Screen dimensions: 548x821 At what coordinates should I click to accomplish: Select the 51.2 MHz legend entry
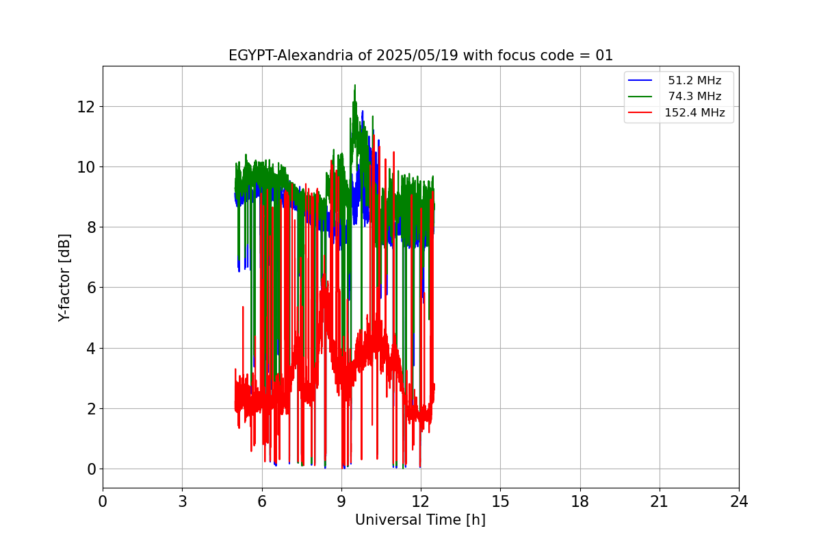click(x=694, y=81)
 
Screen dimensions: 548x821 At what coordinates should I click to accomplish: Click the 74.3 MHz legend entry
click(x=694, y=97)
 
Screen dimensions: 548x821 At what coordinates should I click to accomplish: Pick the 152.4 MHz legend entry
click(x=694, y=113)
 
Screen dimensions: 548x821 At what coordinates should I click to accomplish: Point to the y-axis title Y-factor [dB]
click(x=65, y=277)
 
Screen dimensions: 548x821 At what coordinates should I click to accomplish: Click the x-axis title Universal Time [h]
click(x=420, y=520)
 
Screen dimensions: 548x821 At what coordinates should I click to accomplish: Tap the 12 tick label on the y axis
click(x=85, y=107)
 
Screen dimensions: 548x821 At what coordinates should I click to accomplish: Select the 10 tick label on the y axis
click(x=85, y=167)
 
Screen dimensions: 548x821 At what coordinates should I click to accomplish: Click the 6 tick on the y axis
click(x=90, y=288)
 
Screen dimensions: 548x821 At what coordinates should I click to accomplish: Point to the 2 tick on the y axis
click(x=90, y=409)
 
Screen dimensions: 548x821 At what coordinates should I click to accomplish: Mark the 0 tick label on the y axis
click(x=90, y=469)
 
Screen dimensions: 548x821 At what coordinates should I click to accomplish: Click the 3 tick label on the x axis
click(x=182, y=501)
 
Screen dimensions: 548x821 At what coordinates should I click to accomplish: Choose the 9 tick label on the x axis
click(x=341, y=501)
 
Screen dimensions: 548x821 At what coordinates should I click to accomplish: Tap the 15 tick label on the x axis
click(x=500, y=501)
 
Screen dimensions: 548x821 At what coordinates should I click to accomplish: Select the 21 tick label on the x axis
click(x=660, y=501)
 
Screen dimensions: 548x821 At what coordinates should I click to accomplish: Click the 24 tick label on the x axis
click(x=739, y=501)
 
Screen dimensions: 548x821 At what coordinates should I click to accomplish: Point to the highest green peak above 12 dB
click(x=354, y=86)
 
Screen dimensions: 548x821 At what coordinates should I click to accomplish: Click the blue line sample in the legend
click(x=640, y=81)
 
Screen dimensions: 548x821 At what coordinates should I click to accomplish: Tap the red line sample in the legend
click(x=640, y=113)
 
